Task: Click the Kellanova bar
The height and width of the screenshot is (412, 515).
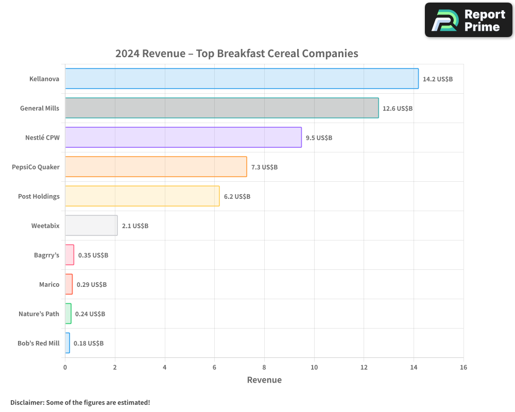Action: [242, 79]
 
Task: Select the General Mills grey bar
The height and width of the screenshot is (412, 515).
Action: [221, 108]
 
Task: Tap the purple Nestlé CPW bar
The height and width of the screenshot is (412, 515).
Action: [183, 138]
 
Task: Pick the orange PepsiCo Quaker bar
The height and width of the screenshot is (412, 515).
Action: [156, 167]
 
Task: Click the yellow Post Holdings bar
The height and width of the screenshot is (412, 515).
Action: [142, 196]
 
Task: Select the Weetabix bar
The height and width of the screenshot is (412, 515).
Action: [91, 226]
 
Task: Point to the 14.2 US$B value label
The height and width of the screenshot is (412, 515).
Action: [437, 79]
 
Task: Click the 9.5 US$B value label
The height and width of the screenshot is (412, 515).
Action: [319, 138]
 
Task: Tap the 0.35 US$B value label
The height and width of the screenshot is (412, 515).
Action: [93, 255]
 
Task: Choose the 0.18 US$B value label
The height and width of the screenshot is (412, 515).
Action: [89, 344]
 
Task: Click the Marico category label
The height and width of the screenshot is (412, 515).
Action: [49, 285]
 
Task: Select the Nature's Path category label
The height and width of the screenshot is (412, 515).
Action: [39, 314]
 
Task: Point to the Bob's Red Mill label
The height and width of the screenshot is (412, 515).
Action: [38, 344]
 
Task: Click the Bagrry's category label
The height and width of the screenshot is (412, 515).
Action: [47, 255]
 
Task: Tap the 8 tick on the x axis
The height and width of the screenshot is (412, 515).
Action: [264, 367]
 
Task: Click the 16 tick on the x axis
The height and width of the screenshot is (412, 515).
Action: [463, 367]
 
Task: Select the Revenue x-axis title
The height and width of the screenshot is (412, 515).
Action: [264, 380]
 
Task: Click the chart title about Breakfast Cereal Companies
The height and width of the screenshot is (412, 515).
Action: [236, 54]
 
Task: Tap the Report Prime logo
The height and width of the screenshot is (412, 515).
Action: [468, 20]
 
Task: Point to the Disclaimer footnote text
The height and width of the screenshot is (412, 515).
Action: [80, 402]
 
